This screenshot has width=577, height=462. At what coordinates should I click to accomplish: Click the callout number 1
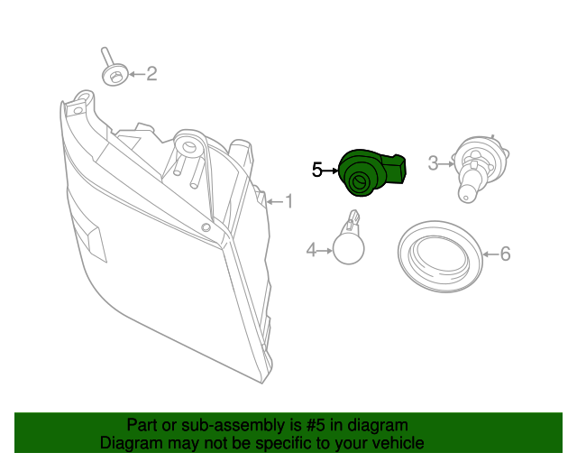coord(289,201)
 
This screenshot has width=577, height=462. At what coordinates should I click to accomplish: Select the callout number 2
coord(151,74)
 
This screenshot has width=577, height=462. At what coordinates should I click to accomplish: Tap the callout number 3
coord(433,163)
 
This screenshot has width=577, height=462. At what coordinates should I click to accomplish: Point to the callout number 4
coord(311,250)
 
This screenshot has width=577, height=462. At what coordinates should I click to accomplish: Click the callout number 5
coord(317,169)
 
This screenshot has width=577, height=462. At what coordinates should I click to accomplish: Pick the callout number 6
coord(505,254)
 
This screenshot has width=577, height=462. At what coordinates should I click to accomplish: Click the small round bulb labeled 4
coord(347,243)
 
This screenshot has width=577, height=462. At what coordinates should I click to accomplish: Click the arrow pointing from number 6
coord(490,254)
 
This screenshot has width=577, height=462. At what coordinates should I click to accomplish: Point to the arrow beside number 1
coord(274,201)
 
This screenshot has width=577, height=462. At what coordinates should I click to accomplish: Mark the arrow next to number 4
coord(325,250)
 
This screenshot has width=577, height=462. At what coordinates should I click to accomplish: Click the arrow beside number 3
coord(448,163)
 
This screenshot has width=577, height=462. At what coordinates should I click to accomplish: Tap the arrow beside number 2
coord(135,74)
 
